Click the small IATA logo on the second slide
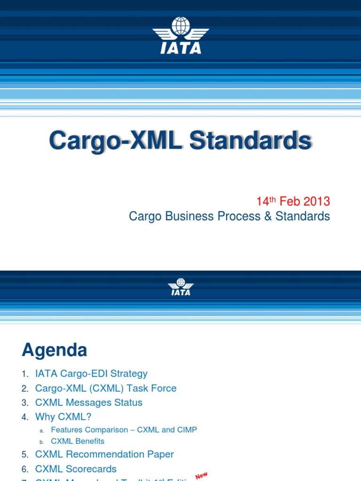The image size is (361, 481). pyautogui.click(x=180, y=287)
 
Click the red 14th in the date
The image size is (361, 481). pyautogui.click(x=266, y=201)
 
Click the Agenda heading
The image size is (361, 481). pyautogui.click(x=54, y=350)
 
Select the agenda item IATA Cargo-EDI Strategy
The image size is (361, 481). pyautogui.click(x=91, y=373)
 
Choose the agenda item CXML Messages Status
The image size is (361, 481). pyautogui.click(x=89, y=402)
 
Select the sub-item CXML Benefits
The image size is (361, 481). pyautogui.click(x=78, y=441)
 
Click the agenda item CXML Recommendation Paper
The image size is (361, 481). pyautogui.click(x=104, y=454)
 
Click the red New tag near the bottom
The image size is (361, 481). pyautogui.click(x=201, y=476)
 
